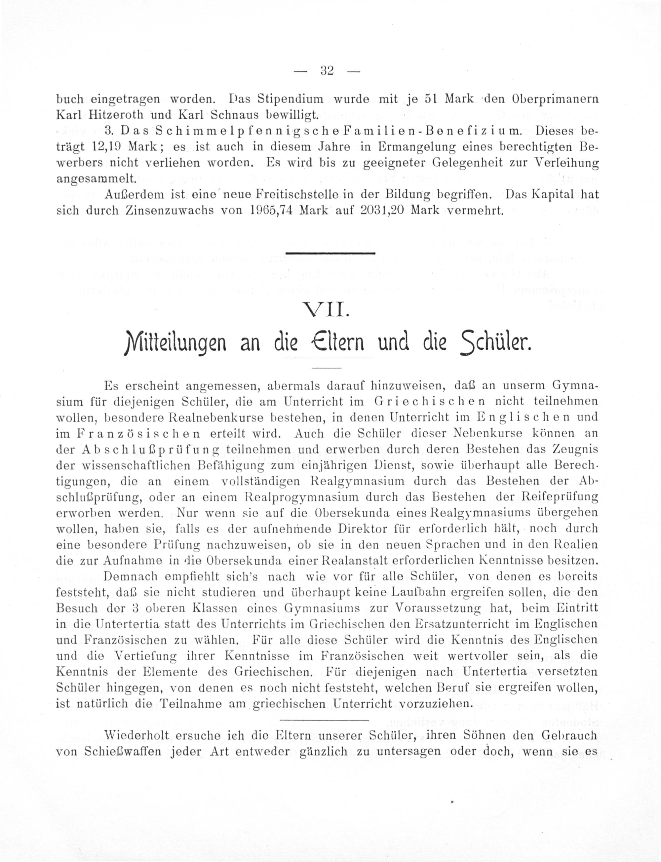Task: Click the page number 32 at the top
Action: coord(327,71)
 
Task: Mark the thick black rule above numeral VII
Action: coord(330,253)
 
